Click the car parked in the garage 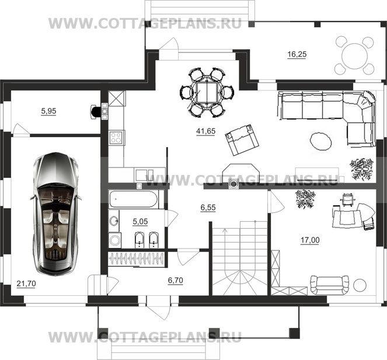pos(56,214)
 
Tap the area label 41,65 pos(205,131)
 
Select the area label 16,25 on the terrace pos(297,54)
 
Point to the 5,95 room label pos(48,111)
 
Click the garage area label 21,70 pos(26,284)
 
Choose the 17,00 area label pos(310,240)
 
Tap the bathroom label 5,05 pos(140,222)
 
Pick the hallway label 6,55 pos(208,208)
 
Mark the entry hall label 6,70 pos(175,280)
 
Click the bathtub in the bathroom pos(133,200)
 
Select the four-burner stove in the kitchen pos(116,138)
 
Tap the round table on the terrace pos(354,56)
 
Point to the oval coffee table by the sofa pos(320,141)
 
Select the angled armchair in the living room pos(242,140)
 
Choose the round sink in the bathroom pos(114,221)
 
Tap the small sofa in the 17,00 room pos(330,285)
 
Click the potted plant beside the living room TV pos(361,169)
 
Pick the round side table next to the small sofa pos(360,285)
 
